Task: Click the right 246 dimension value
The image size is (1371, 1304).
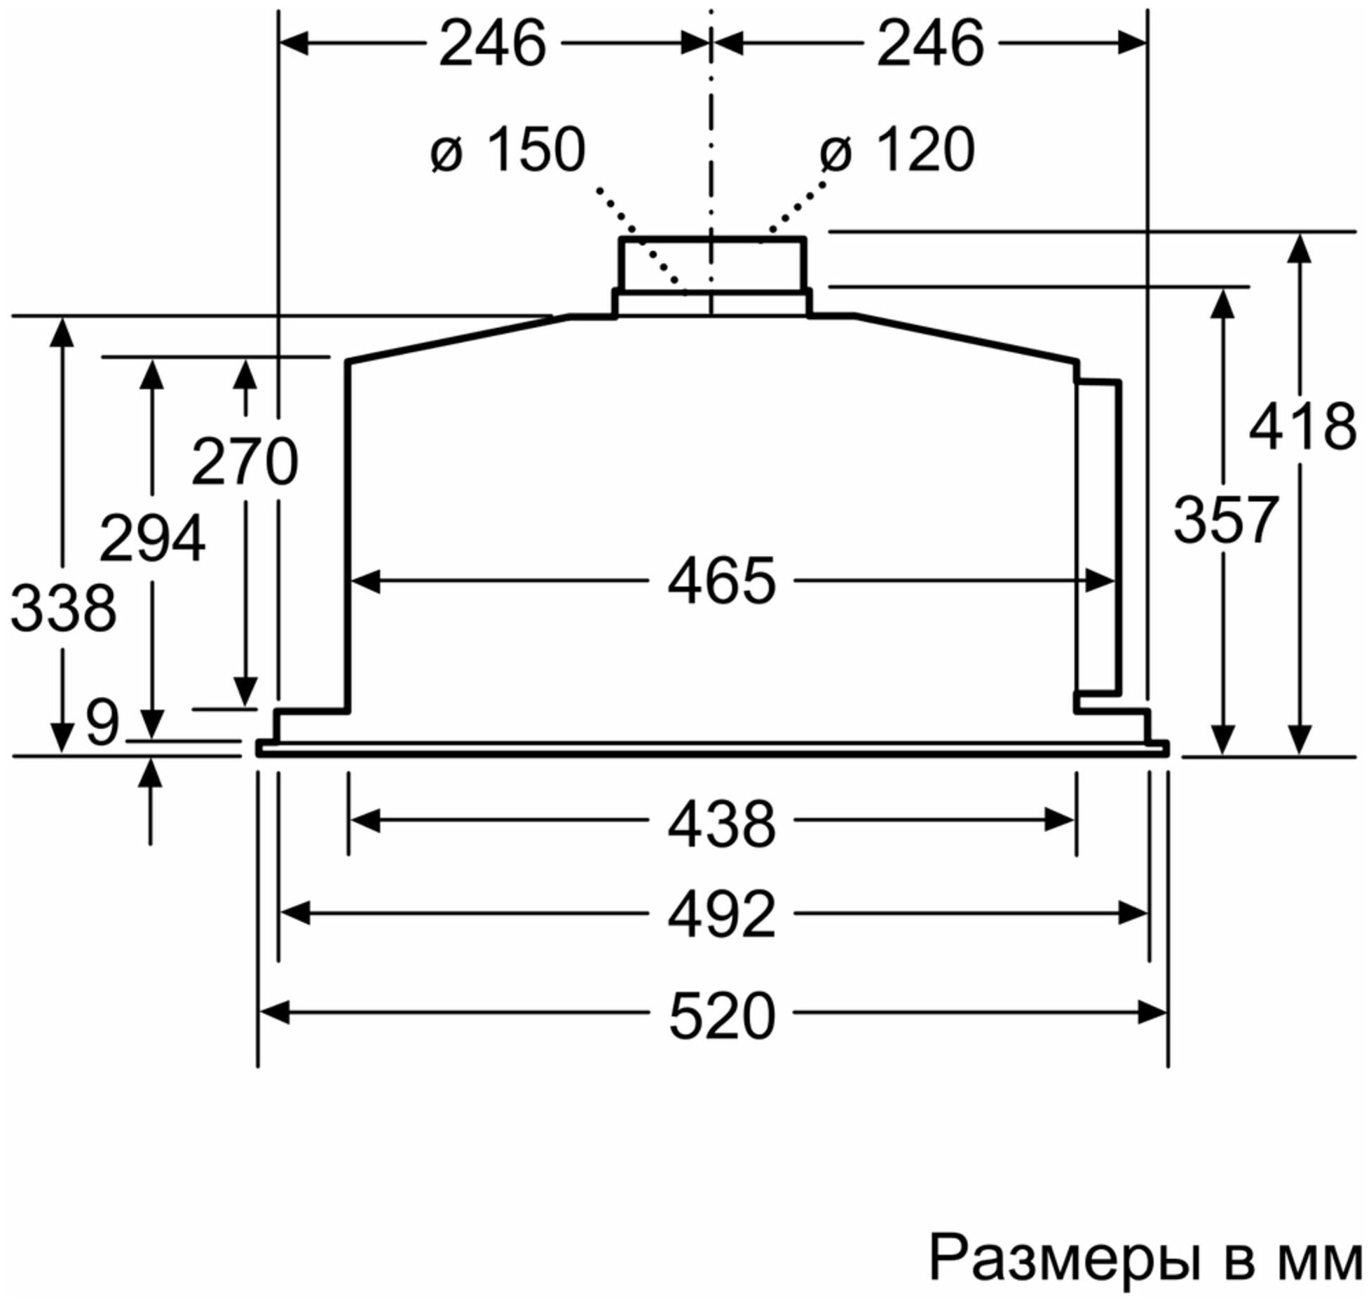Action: coord(930,44)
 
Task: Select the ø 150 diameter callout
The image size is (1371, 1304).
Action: coord(508,149)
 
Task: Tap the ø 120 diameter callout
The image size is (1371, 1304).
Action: coord(898,149)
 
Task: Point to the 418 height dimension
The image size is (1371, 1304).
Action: coord(1302,427)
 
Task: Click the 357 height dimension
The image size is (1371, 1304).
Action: coord(1225,520)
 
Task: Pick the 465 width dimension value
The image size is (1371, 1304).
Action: coord(721,581)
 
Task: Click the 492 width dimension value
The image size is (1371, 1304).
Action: coord(721,914)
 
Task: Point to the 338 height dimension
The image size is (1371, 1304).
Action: coord(63,609)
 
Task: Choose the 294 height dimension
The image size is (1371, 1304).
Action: coord(152,538)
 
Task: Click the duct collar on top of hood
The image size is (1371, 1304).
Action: coord(711,264)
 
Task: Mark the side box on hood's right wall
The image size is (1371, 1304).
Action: coord(1098,536)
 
